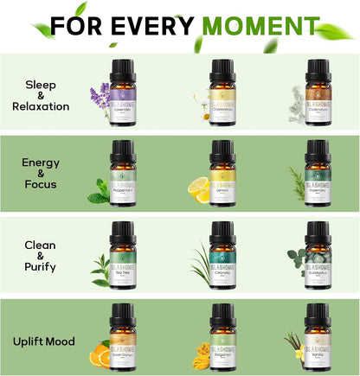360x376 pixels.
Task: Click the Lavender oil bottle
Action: tap(123, 85)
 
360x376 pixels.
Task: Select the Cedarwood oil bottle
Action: tap(318, 85)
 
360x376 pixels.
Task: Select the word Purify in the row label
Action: tap(41, 267)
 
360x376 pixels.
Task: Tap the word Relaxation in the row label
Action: tap(41, 106)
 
